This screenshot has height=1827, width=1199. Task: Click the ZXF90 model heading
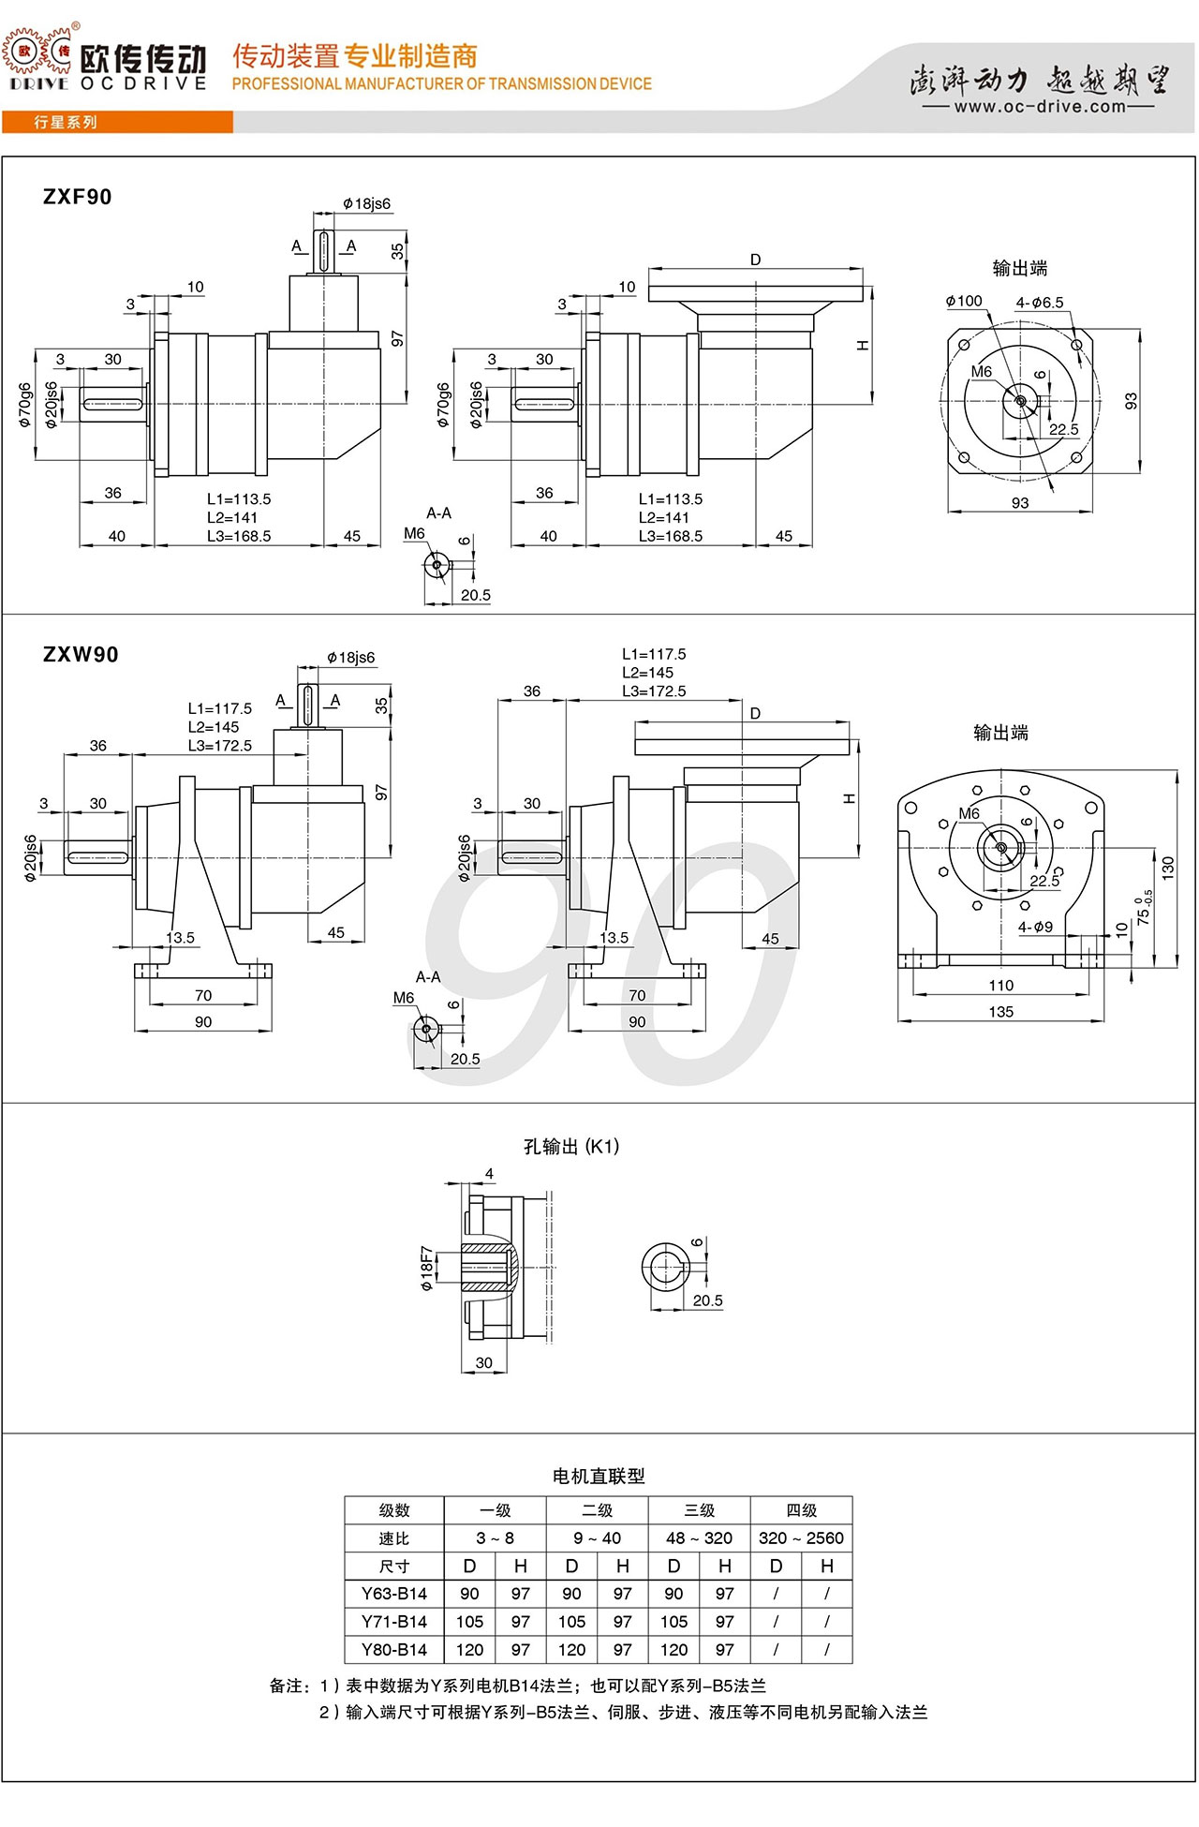pos(78,197)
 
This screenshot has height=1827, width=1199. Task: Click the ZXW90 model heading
pos(81,655)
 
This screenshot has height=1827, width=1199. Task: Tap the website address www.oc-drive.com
pos(1040,107)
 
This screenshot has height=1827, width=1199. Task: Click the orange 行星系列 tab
pos(66,123)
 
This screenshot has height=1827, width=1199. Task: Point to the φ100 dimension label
pos(964,301)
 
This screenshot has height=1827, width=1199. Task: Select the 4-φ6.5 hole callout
pos(1040,303)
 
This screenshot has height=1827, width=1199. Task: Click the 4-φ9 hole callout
pos(1035,927)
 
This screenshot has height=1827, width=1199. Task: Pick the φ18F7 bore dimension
pos(427,1269)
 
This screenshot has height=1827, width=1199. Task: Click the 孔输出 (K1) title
pos(571,1147)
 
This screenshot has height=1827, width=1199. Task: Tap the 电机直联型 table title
pos(599,1477)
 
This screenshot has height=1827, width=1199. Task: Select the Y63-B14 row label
pos(394,1594)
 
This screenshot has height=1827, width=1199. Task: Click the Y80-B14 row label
pos(394,1650)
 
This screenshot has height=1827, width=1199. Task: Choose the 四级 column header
pos(802,1510)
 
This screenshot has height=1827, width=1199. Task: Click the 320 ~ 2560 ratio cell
pos(802,1538)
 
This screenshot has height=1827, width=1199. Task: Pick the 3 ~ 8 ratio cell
pos(496,1538)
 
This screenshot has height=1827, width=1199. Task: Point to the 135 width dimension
pos(1000,1012)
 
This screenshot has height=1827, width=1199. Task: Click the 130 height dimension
pos(1167,867)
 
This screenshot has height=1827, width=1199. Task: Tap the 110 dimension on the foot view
pos(1000,986)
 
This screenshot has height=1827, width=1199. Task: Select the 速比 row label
pos(394,1538)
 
